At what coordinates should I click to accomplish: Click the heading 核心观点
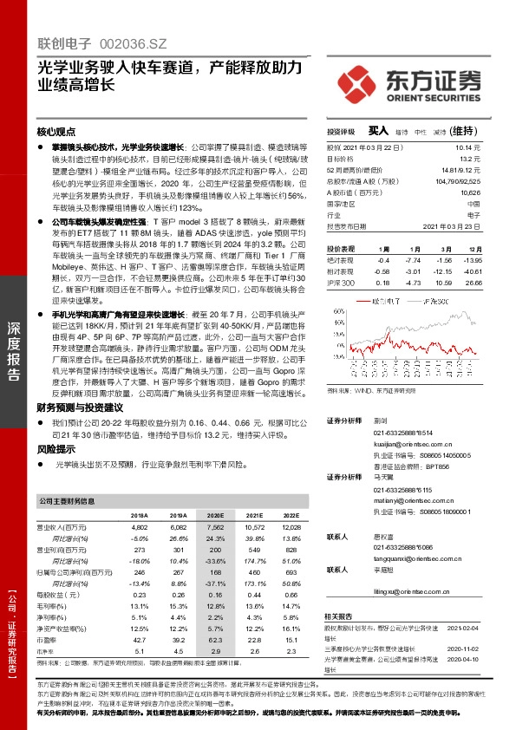pyautogui.click(x=56, y=134)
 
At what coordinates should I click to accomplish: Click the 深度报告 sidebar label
pyautogui.click(x=14, y=350)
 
